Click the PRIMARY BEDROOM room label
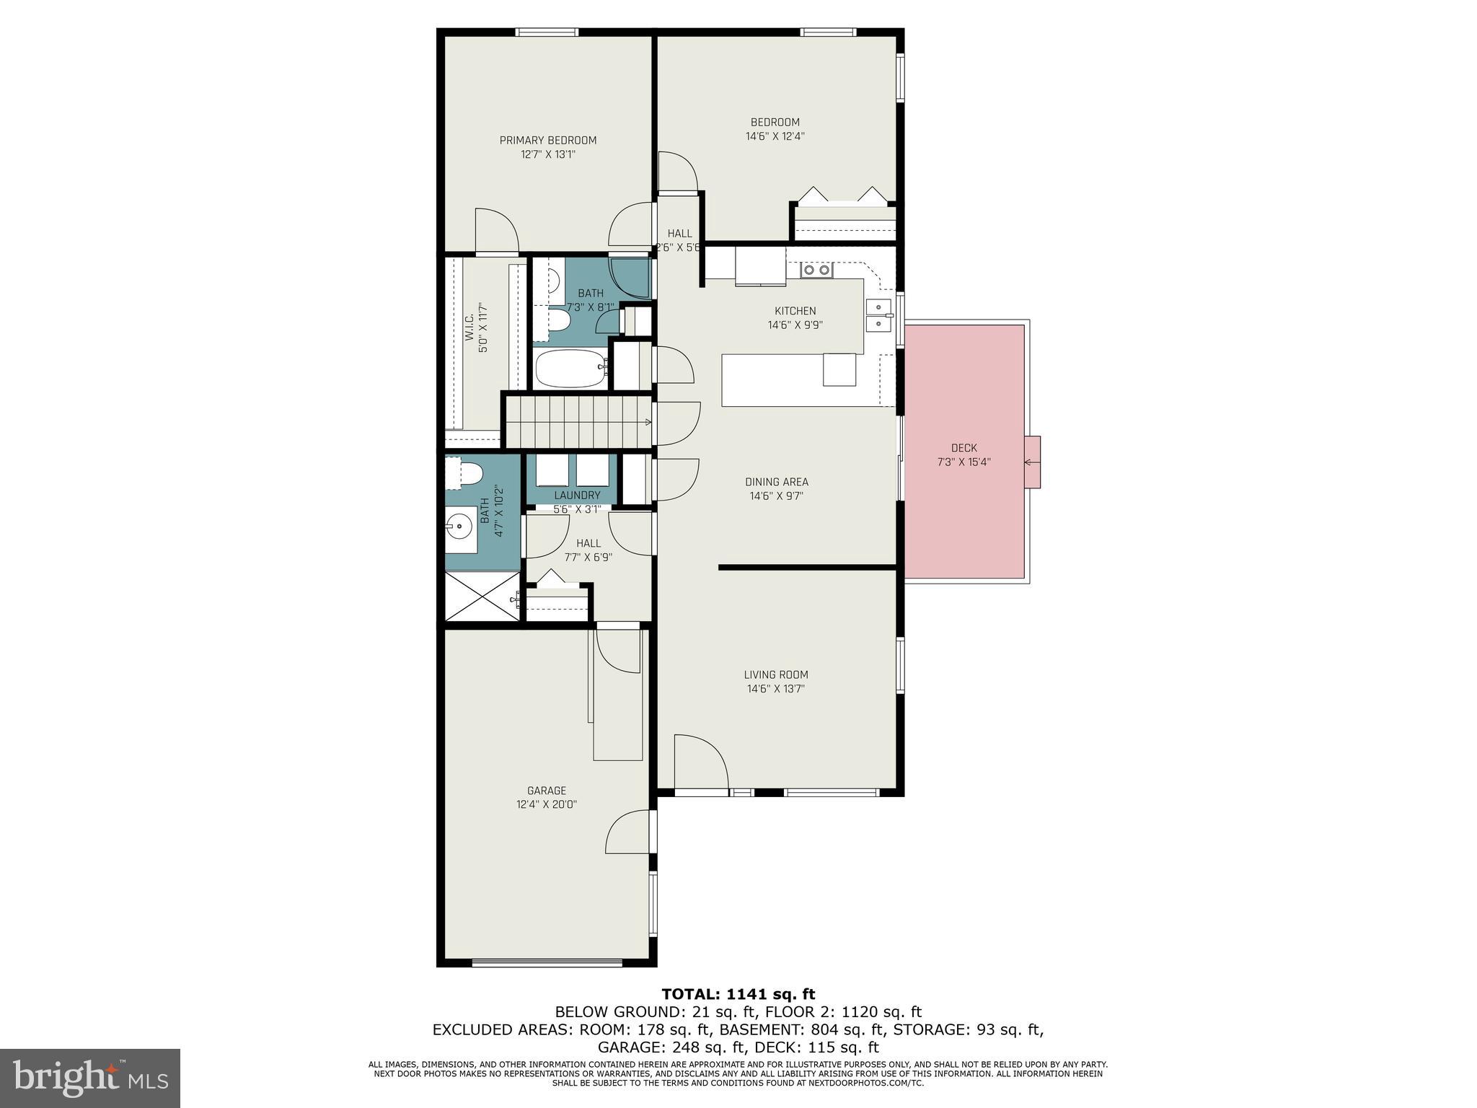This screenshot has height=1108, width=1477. (547, 140)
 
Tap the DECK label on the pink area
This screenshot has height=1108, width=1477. (964, 448)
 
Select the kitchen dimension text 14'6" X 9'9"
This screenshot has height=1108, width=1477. (795, 325)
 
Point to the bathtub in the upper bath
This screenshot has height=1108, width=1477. (571, 369)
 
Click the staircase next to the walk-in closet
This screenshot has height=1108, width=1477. (577, 422)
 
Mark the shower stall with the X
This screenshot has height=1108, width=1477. (482, 596)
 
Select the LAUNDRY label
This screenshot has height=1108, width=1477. (577, 495)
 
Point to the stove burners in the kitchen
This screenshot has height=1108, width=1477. (816, 270)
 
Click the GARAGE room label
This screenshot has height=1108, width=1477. (546, 791)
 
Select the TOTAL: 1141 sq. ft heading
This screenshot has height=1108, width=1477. (738, 995)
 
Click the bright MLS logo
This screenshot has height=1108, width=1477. (89, 1078)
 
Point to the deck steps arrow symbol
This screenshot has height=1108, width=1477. (1032, 462)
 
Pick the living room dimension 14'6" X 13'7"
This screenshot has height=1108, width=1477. (775, 689)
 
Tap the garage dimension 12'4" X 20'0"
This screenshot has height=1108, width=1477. (546, 804)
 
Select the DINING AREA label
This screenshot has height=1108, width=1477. (776, 482)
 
